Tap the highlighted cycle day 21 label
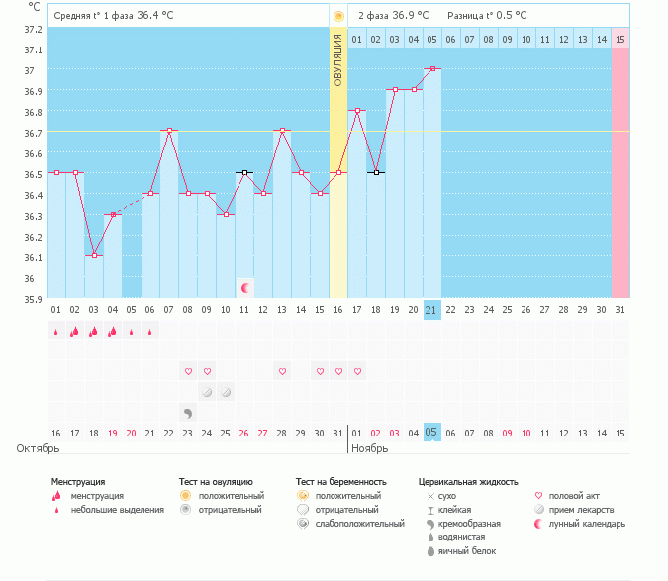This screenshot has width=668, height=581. click(x=431, y=310)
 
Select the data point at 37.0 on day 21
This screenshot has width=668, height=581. click(x=431, y=69)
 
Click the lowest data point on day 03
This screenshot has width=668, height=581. click(x=94, y=256)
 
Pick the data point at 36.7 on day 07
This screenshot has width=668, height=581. click(x=169, y=131)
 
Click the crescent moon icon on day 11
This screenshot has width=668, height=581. click(x=244, y=288)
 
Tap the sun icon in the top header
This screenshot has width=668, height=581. click(x=338, y=16)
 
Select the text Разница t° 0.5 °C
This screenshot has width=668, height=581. click(x=487, y=16)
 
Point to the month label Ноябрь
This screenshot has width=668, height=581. click(x=372, y=448)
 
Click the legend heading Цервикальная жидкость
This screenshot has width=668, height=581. click(x=468, y=482)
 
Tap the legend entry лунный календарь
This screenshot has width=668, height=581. click(x=592, y=524)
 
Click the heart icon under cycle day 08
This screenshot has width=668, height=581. click(x=188, y=372)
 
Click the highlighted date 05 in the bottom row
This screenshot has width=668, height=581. click(x=431, y=432)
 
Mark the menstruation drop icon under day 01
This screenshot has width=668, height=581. click(x=55, y=332)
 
